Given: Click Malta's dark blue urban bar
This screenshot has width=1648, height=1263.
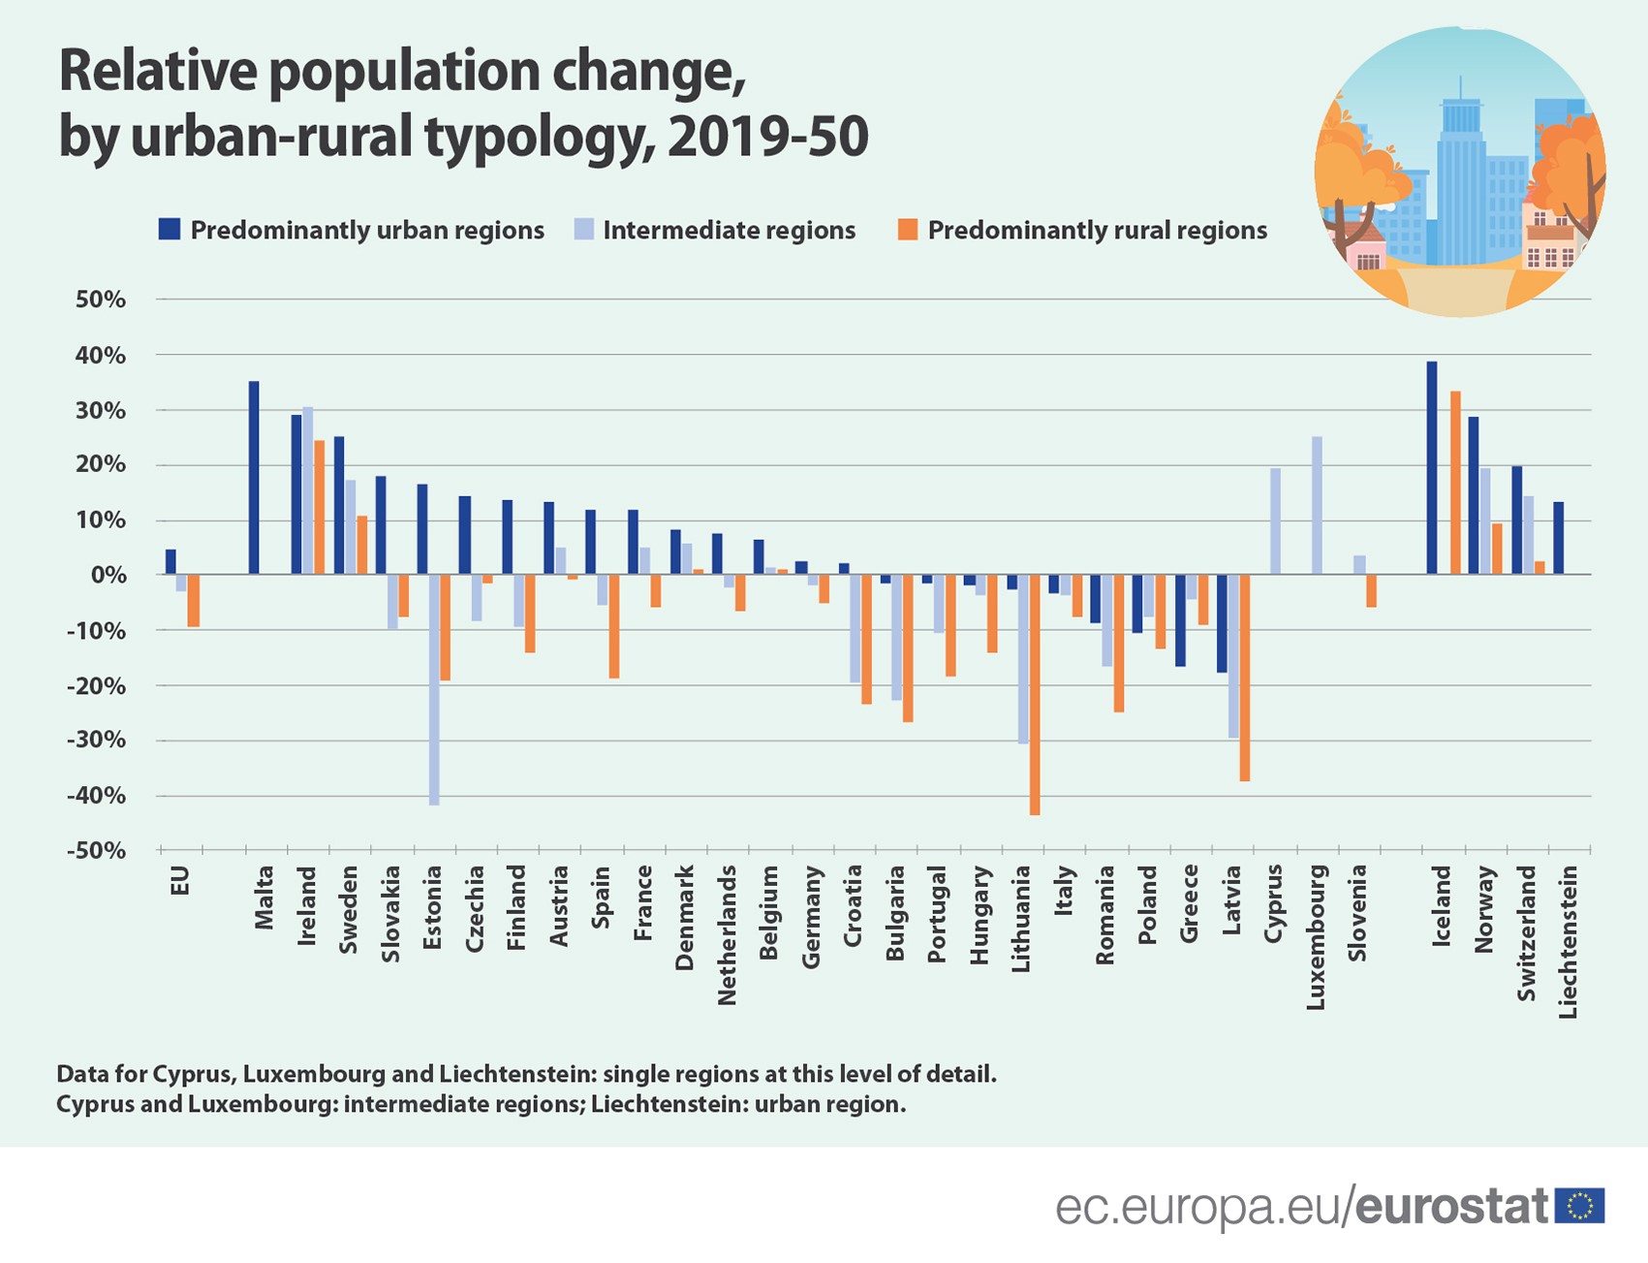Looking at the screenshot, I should point(254,478).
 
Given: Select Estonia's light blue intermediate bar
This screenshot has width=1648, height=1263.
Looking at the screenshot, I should point(434,690).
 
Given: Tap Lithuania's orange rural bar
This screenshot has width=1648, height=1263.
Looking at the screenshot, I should point(1035,695).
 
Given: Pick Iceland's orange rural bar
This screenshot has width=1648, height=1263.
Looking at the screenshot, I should point(1455,483).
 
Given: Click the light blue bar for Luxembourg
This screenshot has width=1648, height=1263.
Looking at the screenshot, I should point(1317,506).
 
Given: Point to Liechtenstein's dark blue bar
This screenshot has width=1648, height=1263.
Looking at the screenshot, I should point(1559,538).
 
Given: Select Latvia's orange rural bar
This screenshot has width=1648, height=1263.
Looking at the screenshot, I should point(1245,678).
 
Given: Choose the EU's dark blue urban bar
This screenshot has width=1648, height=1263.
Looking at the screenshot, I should point(171,562).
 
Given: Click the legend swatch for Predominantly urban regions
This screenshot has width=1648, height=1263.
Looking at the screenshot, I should point(170,230).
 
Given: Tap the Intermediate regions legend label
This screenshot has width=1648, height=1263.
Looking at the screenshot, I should point(729,231).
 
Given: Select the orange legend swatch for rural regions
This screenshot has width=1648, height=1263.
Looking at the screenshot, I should point(908,230).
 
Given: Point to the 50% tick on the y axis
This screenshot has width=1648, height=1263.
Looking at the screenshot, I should point(101,300).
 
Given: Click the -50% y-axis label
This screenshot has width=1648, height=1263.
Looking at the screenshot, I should point(97,851).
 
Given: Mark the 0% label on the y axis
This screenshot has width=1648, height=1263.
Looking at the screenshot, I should point(108,575).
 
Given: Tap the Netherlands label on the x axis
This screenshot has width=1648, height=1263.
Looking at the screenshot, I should point(728,934).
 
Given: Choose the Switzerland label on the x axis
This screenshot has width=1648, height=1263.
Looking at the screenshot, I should point(1527,932).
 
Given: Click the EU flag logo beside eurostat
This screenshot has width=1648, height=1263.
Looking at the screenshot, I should point(1579,1206).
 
